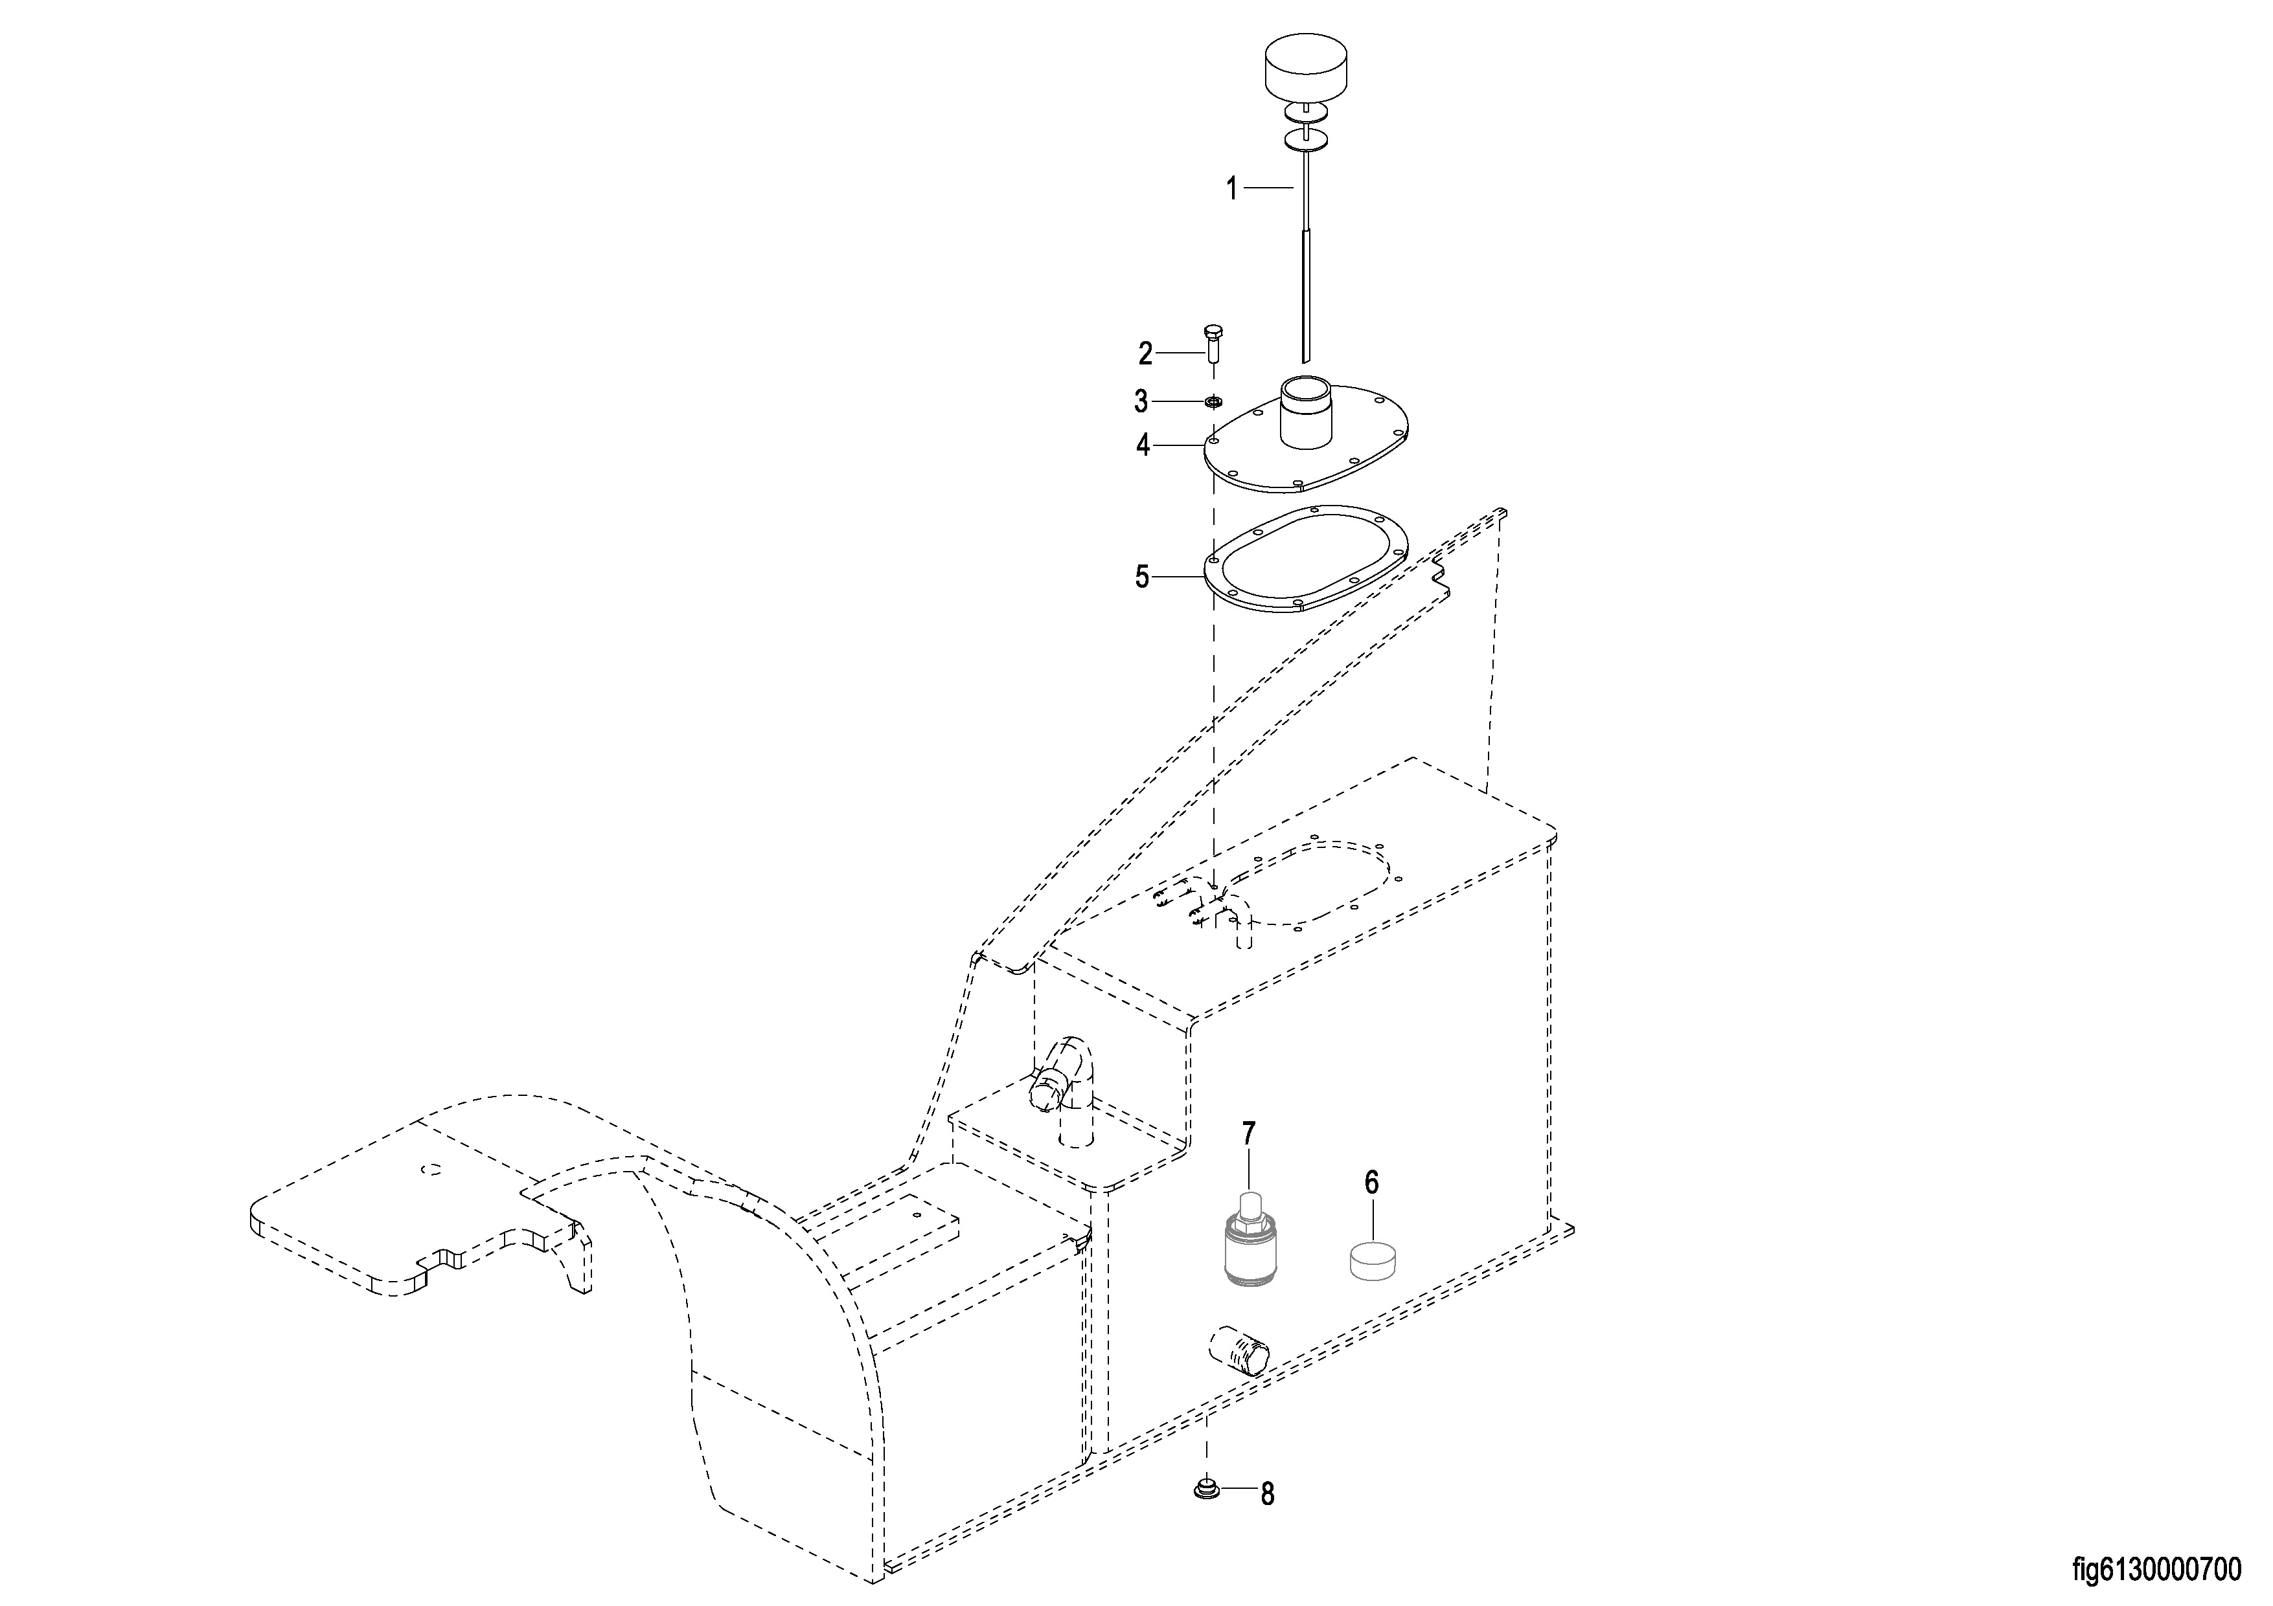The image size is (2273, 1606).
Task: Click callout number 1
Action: coord(1231,188)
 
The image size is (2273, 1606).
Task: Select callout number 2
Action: coord(1145,353)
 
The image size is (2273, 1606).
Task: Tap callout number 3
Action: coord(1141,402)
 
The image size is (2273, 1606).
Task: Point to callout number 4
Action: coord(1143,446)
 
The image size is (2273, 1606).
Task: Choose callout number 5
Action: coord(1143,577)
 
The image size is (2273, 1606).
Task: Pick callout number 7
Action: coord(1248,1133)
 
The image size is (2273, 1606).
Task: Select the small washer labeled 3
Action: coord(1213,402)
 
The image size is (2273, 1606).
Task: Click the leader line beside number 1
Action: coord(1269,187)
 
